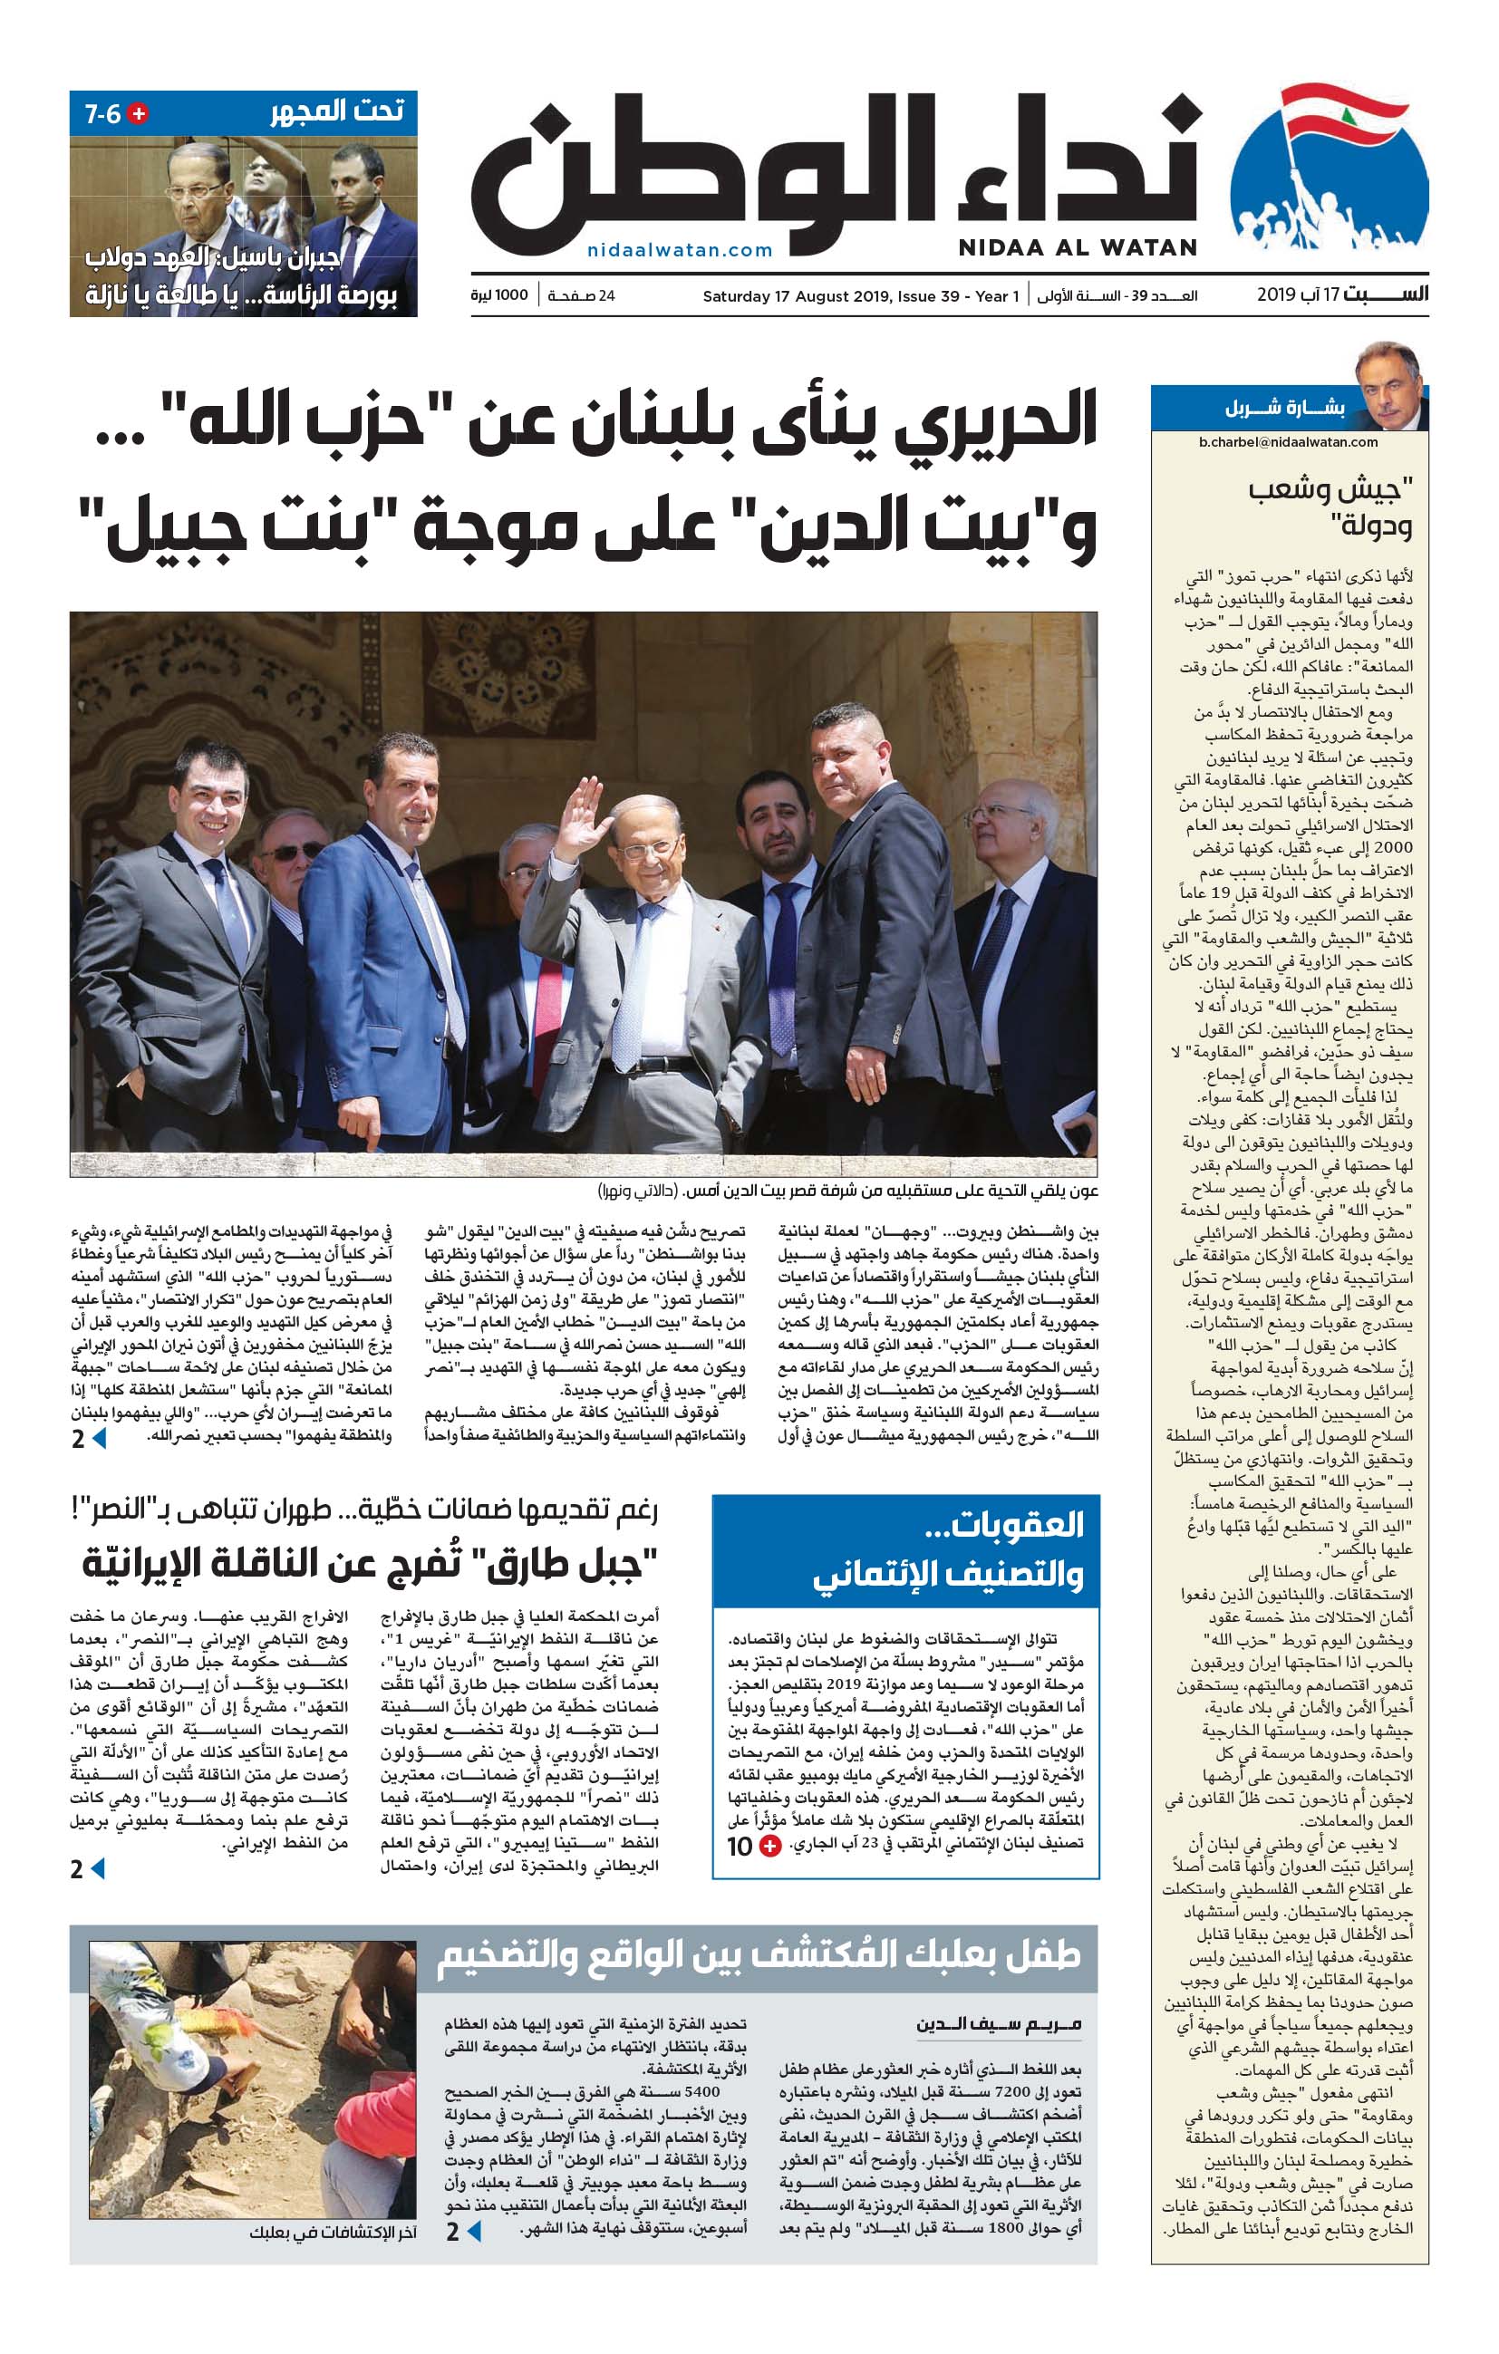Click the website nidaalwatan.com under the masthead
(x=680, y=250)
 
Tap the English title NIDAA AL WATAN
(x=1078, y=248)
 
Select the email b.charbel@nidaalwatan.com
(x=1288, y=442)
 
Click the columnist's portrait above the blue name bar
(x=1388, y=384)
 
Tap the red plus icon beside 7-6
(x=139, y=113)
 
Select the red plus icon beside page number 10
(x=770, y=1847)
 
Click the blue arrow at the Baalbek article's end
(x=474, y=2231)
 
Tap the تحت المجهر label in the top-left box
(x=337, y=111)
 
